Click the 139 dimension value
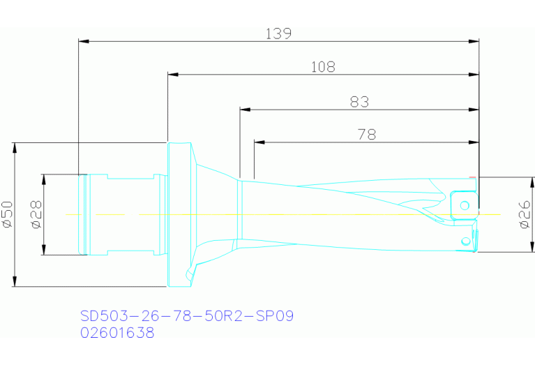pos(278,33)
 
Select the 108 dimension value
pos(322,67)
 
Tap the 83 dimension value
pos(359,102)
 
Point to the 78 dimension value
pos(366,135)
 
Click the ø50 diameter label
pos(8,214)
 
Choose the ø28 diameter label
pos(36,214)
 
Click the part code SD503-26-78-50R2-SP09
pos(186,316)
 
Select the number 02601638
pos(117,333)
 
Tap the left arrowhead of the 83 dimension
pos(244,109)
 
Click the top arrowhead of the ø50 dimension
pos(15,147)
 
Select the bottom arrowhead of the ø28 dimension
pos(44,251)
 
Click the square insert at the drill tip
pos(463,204)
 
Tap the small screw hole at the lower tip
pos(465,241)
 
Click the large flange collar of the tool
pos(179,214)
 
